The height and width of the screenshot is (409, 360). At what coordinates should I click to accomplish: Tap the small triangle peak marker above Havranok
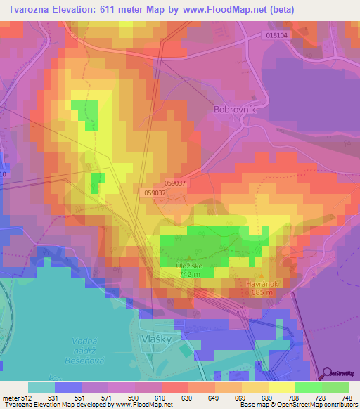point(262,275)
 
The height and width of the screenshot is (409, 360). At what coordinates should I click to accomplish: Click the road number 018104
point(278,34)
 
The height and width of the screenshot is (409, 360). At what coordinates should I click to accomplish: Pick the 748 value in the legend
point(346,398)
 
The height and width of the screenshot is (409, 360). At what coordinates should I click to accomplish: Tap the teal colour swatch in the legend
point(41,387)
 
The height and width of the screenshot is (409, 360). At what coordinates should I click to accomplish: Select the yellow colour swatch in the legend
point(281,387)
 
